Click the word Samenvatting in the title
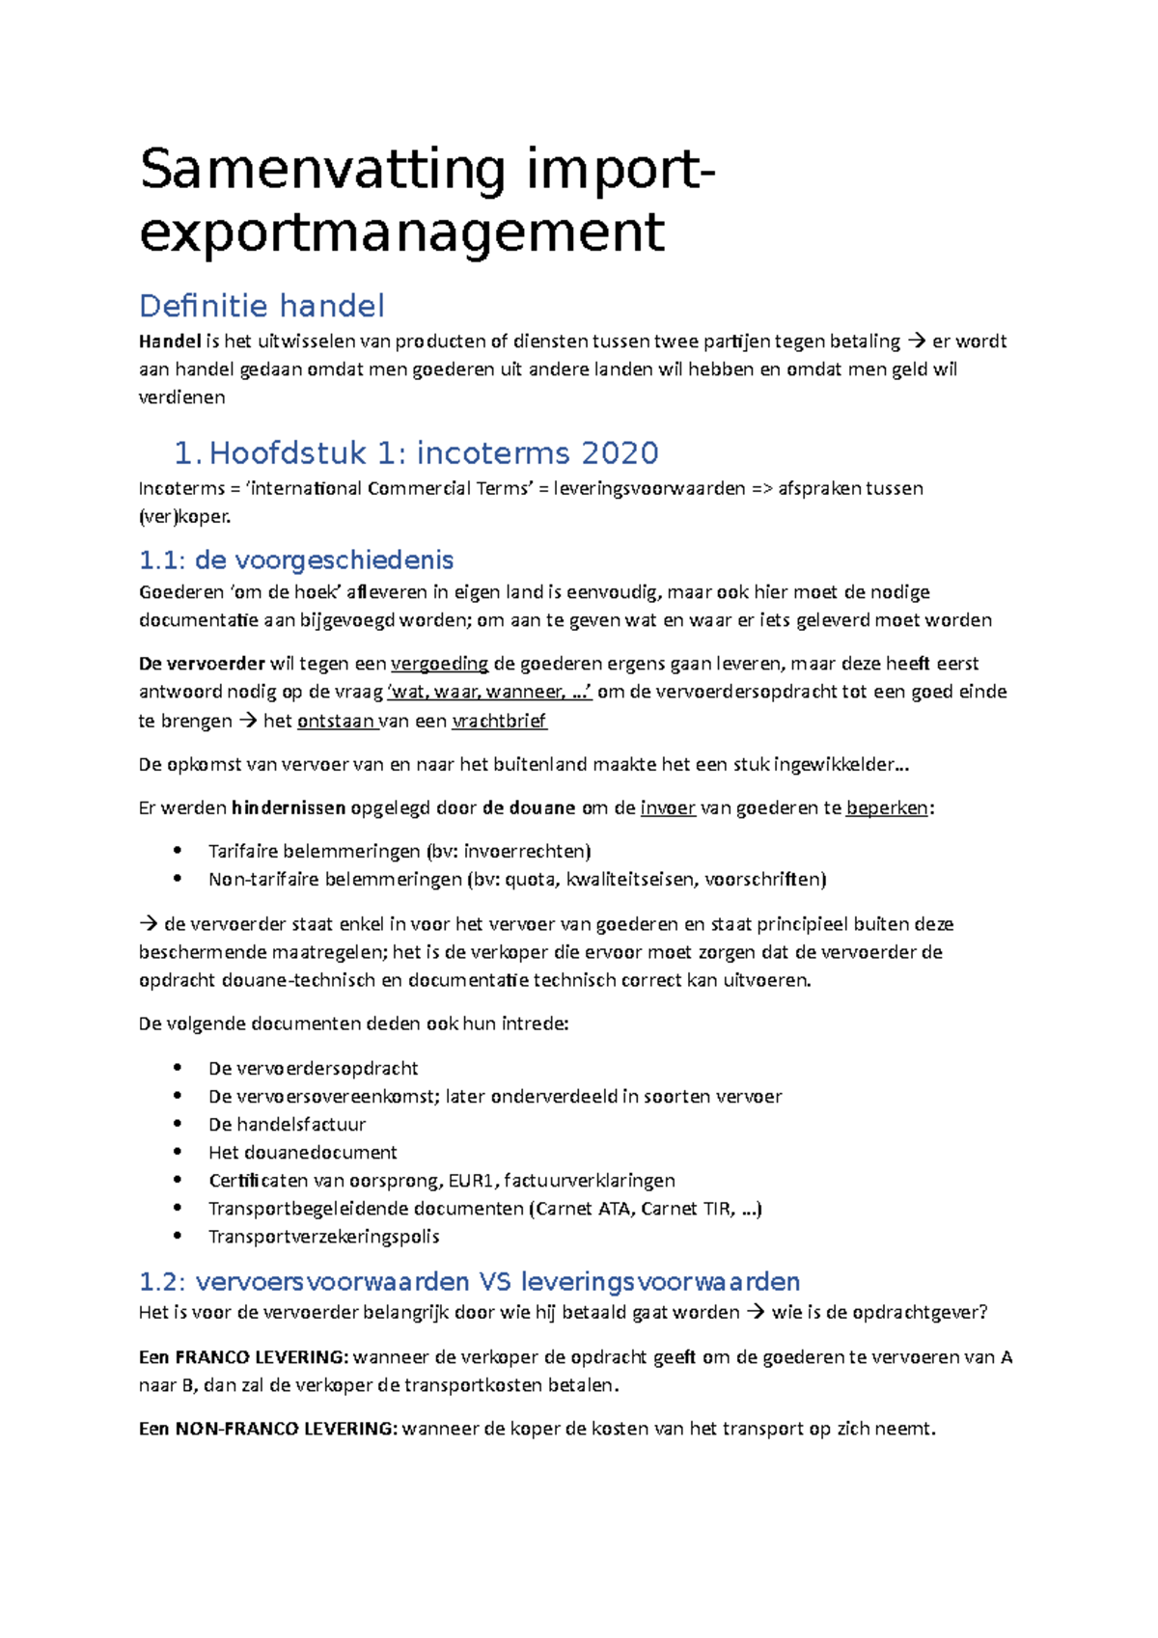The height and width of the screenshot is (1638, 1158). (322, 171)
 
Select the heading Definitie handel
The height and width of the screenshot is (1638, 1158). (262, 306)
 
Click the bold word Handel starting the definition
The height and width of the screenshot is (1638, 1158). (170, 341)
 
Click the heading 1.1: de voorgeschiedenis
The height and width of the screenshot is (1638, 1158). (296, 560)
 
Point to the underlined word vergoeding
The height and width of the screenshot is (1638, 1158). (439, 664)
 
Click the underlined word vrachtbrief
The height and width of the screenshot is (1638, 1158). (499, 721)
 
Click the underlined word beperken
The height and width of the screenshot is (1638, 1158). (887, 808)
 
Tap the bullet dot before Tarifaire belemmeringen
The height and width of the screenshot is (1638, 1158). (177, 851)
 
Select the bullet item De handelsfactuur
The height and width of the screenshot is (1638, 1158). (287, 1124)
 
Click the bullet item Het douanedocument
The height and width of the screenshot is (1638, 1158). (302, 1152)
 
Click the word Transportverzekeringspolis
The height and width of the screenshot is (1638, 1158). (323, 1236)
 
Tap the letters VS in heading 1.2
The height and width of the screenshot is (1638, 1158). (495, 1282)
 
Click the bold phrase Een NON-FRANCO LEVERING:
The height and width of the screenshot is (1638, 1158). (268, 1429)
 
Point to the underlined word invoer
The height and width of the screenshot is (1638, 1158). (668, 808)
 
